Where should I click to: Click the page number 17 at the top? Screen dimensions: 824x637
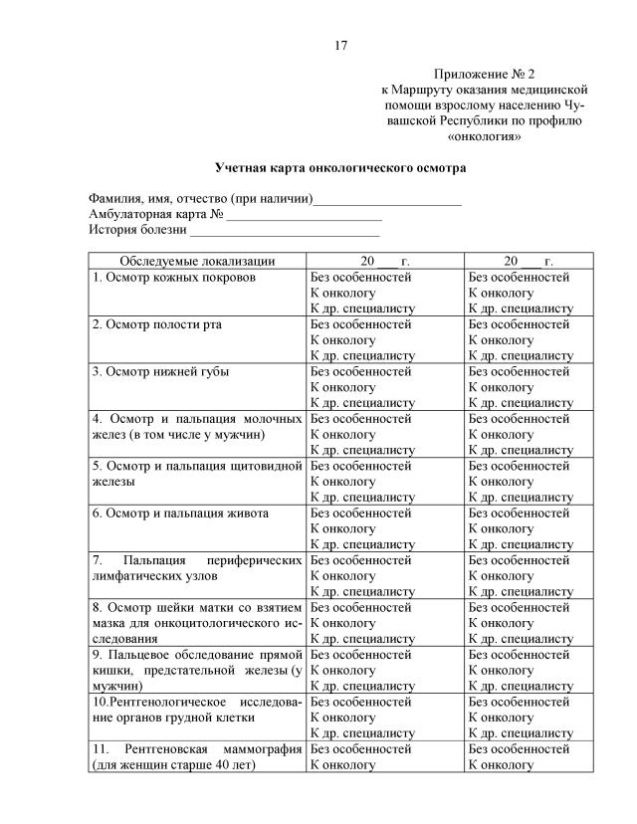[340, 45]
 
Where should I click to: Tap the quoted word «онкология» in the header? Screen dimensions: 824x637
[485, 136]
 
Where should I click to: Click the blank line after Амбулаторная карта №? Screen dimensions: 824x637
[304, 215]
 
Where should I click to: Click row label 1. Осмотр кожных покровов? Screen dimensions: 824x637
[174, 277]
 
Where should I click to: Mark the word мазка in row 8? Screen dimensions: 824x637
[109, 622]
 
